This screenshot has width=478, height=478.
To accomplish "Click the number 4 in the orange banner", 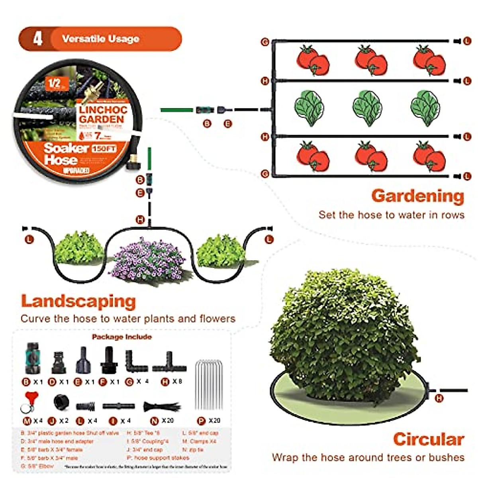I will (37, 39).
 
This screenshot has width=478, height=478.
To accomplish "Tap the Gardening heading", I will (417, 196).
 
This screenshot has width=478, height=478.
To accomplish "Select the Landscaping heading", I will (78, 301).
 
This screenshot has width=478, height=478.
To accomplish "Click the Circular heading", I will (429, 439).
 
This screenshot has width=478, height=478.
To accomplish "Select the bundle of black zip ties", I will (161, 407).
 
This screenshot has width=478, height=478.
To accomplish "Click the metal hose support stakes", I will (208, 384).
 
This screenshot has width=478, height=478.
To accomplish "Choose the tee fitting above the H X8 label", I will (169, 362).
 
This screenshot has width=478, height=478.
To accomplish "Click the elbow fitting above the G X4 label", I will (136, 362).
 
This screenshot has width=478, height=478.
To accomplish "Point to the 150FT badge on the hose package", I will (104, 149).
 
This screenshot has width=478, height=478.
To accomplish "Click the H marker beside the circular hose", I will (439, 398).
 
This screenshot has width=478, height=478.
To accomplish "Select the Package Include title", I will (121, 337).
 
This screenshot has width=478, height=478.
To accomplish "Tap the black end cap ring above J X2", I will (62, 402).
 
